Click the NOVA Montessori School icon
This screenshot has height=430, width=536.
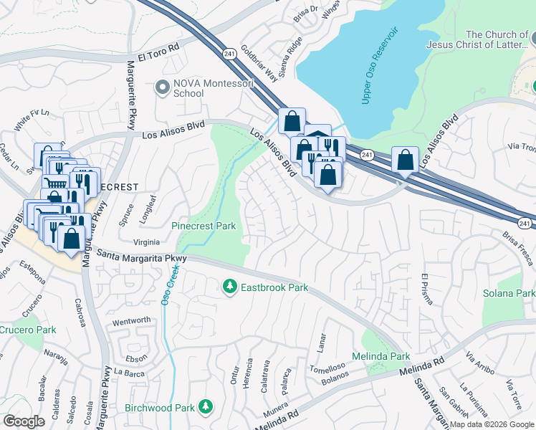(x=162, y=87)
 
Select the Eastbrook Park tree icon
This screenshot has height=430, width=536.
(x=230, y=287)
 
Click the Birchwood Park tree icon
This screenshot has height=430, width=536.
(x=206, y=407)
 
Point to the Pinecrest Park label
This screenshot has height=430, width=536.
(x=204, y=226)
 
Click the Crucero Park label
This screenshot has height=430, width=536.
(x=27, y=330)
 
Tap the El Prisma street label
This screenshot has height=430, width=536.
(x=428, y=288)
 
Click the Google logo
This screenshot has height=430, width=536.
(x=24, y=421)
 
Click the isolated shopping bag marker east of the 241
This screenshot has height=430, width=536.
(x=405, y=161)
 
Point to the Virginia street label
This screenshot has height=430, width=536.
(x=147, y=242)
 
